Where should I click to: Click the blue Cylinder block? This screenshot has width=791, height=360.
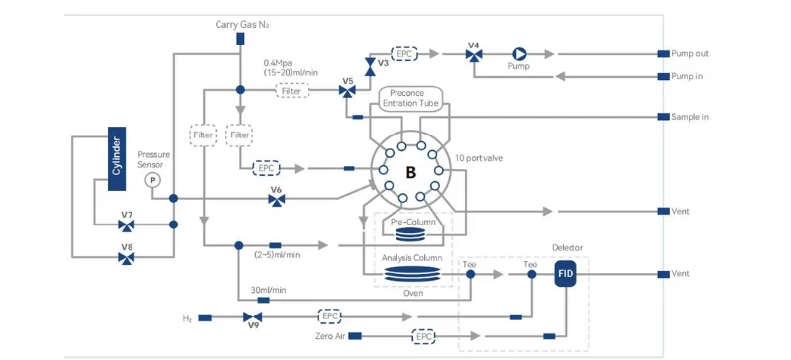pyautogui.click(x=116, y=157)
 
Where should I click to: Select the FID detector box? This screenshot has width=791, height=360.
pyautogui.click(x=566, y=274)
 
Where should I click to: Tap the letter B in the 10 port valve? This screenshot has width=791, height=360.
pyautogui.click(x=410, y=174)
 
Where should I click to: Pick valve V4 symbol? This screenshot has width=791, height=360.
pyautogui.click(x=474, y=56)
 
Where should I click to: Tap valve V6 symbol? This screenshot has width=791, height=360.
pyautogui.click(x=277, y=200)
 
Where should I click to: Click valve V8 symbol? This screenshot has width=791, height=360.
pyautogui.click(x=127, y=257)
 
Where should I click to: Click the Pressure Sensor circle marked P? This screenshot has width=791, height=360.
pyautogui.click(x=152, y=180)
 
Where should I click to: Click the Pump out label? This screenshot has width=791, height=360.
pyautogui.click(x=690, y=54)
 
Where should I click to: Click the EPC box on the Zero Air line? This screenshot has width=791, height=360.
pyautogui.click(x=424, y=337)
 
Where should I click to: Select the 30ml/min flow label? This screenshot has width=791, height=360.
pyautogui.click(x=268, y=290)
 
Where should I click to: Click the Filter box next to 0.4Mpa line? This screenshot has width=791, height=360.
pyautogui.click(x=291, y=91)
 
